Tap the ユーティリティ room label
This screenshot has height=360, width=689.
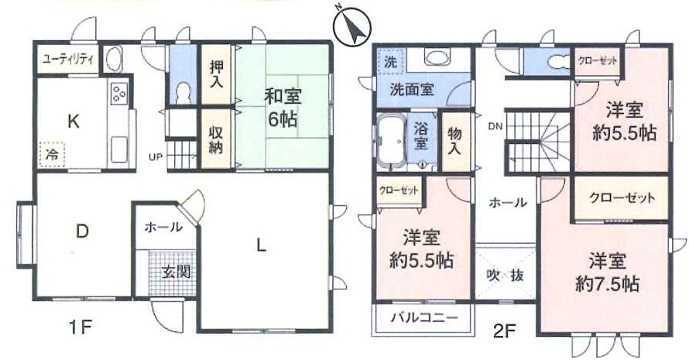(67, 59)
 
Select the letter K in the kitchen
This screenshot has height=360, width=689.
(73, 121)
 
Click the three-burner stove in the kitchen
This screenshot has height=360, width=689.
(119, 94)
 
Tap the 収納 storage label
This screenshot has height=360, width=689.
(216, 139)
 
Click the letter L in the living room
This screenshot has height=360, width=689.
(262, 246)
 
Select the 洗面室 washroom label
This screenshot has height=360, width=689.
(410, 89)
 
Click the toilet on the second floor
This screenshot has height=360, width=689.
(554, 60)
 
